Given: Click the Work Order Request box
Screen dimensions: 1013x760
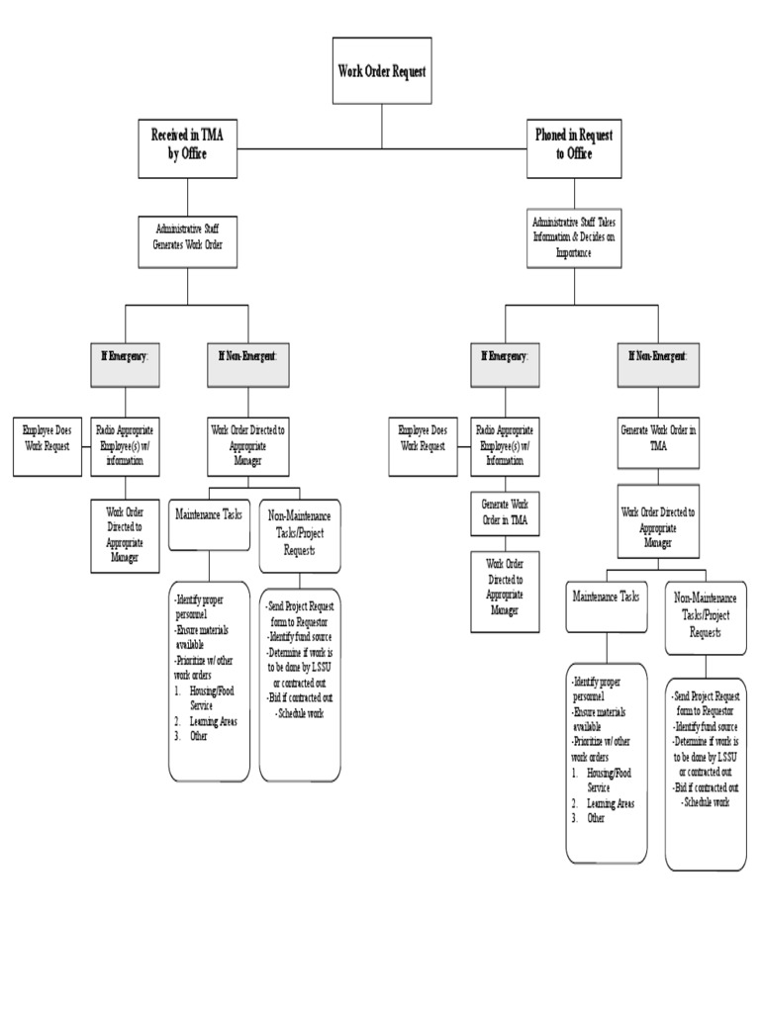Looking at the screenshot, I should tap(382, 72).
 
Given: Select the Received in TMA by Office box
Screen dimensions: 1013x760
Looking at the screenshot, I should tap(187, 144).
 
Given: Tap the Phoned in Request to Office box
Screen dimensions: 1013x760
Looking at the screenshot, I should tap(574, 144).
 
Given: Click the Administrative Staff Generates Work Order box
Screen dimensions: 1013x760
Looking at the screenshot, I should tap(187, 238).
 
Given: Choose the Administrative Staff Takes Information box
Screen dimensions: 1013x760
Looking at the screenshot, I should tap(574, 237).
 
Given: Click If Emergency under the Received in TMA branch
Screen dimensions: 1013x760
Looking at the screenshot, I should tap(125, 355).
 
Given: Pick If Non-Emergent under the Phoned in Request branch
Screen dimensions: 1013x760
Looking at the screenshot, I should tap(658, 355).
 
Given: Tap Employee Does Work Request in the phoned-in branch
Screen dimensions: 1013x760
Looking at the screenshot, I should tap(423, 438).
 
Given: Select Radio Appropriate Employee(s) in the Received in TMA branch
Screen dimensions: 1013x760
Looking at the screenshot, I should tap(125, 444).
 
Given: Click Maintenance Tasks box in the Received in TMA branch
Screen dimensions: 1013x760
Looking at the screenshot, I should tap(209, 515).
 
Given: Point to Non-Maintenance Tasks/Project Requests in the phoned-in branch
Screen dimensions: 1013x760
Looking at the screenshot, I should tap(706, 615).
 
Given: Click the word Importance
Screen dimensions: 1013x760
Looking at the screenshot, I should tap(573, 252).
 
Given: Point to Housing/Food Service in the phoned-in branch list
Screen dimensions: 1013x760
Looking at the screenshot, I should tap(609, 780).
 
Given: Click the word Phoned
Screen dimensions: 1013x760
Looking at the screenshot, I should tap(552, 135).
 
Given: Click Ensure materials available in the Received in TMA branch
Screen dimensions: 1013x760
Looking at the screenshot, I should tap(206, 635).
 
